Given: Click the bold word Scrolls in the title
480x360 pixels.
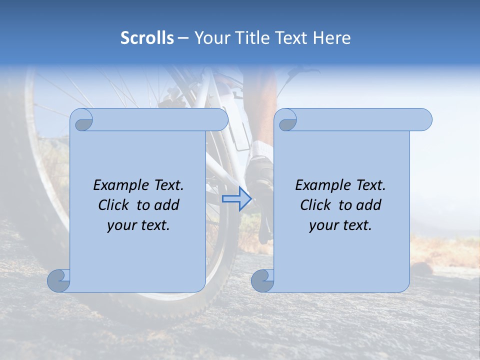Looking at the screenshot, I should (147, 38).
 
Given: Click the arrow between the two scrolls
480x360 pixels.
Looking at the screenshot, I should (236, 198).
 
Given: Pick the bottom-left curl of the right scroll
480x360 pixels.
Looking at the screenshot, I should (262, 280).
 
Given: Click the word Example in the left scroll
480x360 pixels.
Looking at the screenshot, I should (120, 185).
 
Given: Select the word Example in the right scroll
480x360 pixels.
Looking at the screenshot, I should (322, 185).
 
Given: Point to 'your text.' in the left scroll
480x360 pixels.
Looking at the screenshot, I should (138, 225).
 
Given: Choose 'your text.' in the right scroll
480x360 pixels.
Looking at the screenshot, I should (340, 225).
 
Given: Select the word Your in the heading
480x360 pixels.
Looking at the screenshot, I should (211, 38).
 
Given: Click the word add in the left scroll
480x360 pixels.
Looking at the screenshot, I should (167, 205).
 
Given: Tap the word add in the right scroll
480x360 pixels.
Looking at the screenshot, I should (369, 205).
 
